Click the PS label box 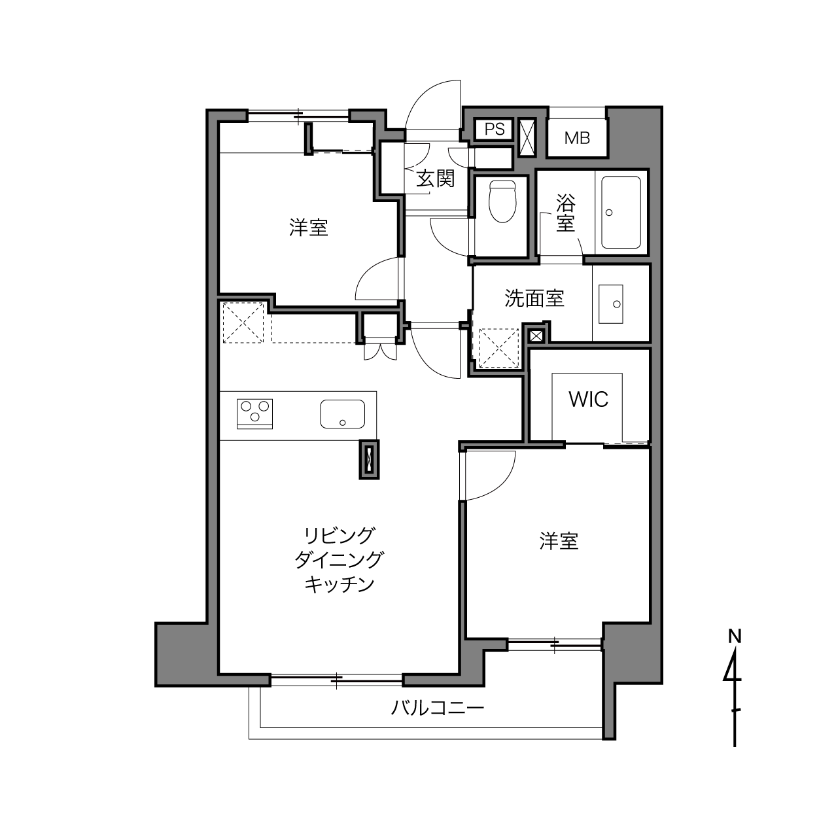tap(495, 129)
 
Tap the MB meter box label tap(577, 138)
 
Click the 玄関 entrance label tap(435, 179)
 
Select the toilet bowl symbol tap(502, 201)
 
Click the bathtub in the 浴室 tap(621, 212)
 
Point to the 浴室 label tap(566, 213)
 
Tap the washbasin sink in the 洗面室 tap(611, 304)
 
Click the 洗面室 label tap(534, 298)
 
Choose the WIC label tap(588, 399)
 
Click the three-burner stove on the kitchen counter tap(254, 414)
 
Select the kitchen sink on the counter tap(343, 413)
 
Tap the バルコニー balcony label tap(438, 708)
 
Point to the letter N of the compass tap(735, 636)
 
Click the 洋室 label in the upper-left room tap(309, 228)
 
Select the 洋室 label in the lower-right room tap(559, 541)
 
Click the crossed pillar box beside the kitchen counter tap(369, 459)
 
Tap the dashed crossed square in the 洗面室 tap(499, 348)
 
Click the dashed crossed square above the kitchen tap(243, 322)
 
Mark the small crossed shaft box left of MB tap(526, 137)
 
